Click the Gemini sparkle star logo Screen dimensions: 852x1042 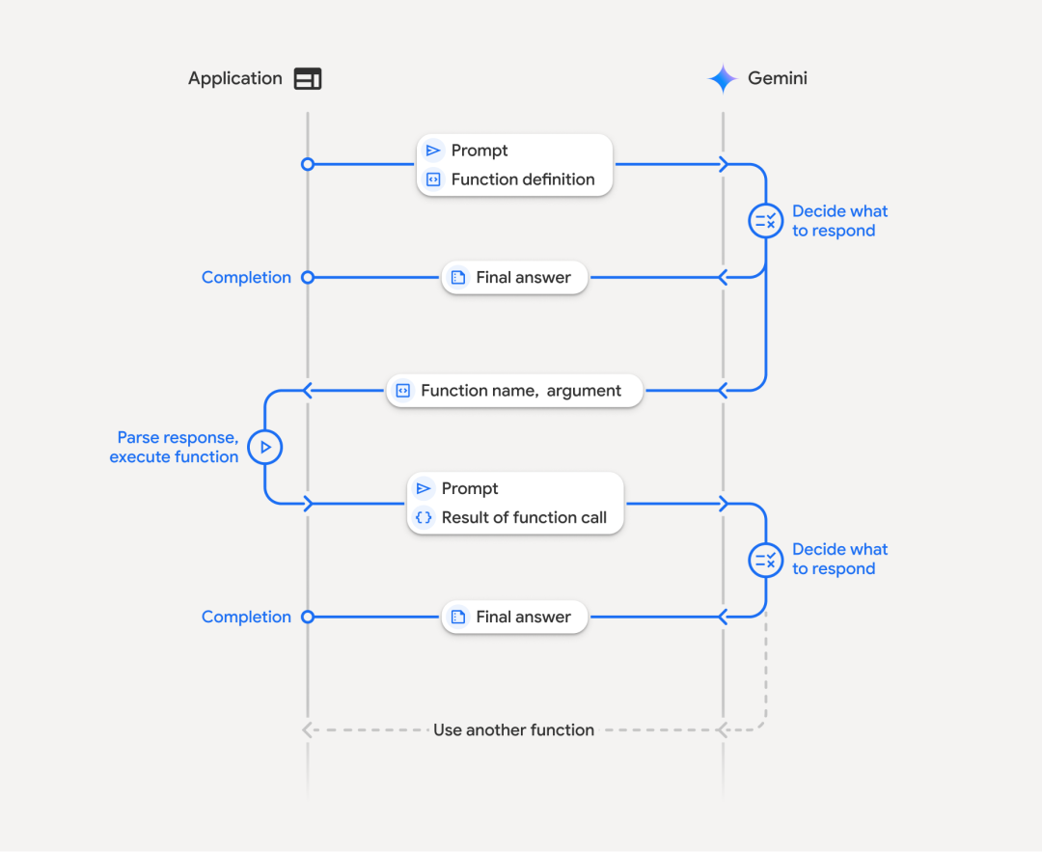pyautogui.click(x=722, y=78)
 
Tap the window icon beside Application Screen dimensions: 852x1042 pyautogui.click(x=308, y=79)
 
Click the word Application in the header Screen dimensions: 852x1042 pyautogui.click(x=235, y=79)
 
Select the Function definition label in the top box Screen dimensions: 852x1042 pyautogui.click(x=523, y=179)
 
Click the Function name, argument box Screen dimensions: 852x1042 pyautogui.click(x=514, y=391)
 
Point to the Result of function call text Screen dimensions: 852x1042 pyautogui.click(x=524, y=518)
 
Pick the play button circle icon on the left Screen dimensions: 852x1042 pyautogui.click(x=265, y=447)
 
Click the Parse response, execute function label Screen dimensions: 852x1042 pyautogui.click(x=175, y=448)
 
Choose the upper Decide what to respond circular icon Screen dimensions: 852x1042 pyautogui.click(x=766, y=221)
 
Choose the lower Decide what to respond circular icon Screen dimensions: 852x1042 pyautogui.click(x=766, y=560)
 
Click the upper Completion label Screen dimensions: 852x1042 pyautogui.click(x=246, y=278)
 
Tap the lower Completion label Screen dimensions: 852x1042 pyautogui.click(x=246, y=618)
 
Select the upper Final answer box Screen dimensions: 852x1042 pyautogui.click(x=514, y=278)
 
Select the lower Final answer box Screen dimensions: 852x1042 pyautogui.click(x=514, y=618)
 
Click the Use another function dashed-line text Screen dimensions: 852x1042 pyautogui.click(x=513, y=730)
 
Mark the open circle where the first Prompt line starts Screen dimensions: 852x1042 pyautogui.click(x=308, y=165)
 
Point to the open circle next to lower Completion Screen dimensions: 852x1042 pyautogui.click(x=308, y=618)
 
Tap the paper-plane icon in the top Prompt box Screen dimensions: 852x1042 pyautogui.click(x=433, y=151)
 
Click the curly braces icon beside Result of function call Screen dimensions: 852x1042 pyautogui.click(x=424, y=518)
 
